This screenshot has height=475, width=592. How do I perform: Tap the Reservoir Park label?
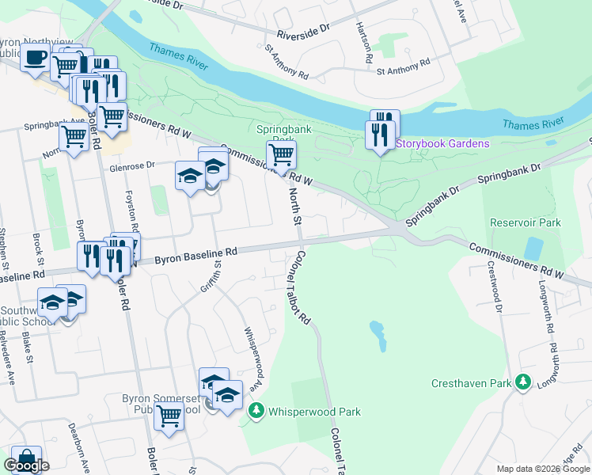coord(525,222)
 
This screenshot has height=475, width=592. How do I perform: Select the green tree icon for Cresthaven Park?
coord(522,383)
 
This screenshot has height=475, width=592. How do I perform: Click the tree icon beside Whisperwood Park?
coord(256,411)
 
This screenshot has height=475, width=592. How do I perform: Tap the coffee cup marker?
coord(35,59)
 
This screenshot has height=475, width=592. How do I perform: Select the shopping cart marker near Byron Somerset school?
coord(169,414)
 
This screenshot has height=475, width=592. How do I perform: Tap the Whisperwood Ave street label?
coord(253,352)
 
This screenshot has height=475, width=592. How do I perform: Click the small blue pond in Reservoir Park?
coord(533,249)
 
